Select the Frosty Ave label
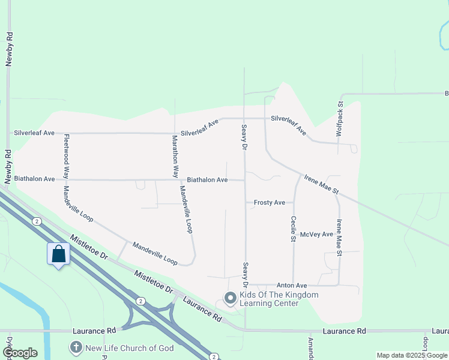[x=269, y=203]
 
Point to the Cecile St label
[x=294, y=229]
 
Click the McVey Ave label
[x=316, y=235]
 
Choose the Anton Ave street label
[x=292, y=286]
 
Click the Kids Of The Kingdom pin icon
[x=229, y=298]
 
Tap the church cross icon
[x=76, y=347]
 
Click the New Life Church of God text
[x=130, y=348]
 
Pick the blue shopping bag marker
[x=58, y=254]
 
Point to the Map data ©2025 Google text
[x=412, y=355]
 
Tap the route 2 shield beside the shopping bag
[x=37, y=221]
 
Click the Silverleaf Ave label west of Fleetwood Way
[x=34, y=133]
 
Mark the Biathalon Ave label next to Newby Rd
[x=34, y=179]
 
